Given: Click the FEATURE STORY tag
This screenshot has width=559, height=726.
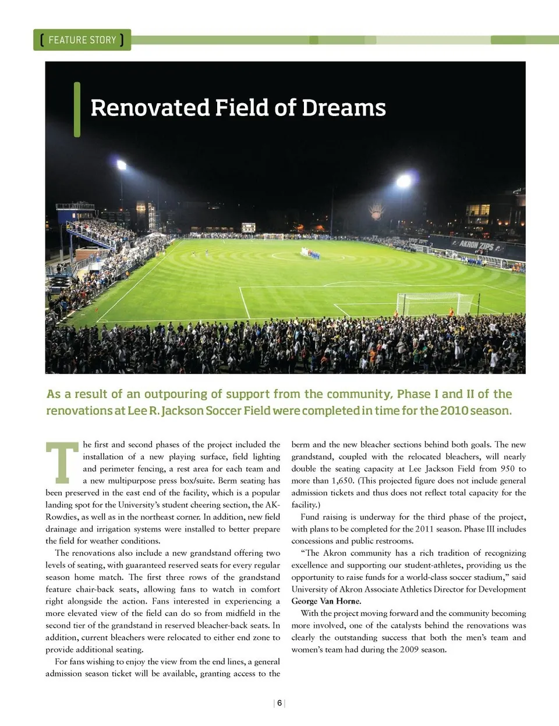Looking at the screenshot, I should pos(82,40).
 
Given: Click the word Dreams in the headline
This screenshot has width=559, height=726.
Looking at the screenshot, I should pos(344,108).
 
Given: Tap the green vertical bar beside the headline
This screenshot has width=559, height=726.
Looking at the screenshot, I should pos(77,110).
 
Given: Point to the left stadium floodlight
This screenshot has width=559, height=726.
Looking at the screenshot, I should pos(122,165).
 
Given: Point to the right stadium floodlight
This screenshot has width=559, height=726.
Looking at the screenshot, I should pos(404,182).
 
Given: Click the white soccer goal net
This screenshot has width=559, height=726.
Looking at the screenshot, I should pos(434,304).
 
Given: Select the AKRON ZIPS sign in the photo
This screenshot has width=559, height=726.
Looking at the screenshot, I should pos(476,245).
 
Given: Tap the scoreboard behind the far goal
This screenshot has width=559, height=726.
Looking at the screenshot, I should pos(249,227).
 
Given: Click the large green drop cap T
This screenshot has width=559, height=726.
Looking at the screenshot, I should pos(62,463).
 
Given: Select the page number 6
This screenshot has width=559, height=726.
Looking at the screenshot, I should pos(279,703).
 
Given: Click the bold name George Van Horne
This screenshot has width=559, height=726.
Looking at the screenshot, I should pos(326,601).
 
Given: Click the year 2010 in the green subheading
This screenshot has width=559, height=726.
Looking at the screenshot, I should pos(454,410).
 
